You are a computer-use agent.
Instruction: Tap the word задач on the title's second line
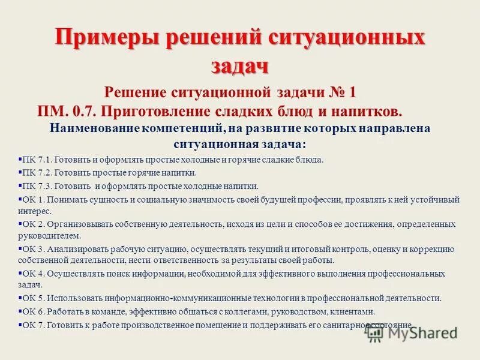point(239,65)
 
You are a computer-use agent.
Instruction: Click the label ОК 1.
point(33,199)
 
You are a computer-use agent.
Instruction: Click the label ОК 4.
point(33,273)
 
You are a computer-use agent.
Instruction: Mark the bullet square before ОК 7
point(20,324)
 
